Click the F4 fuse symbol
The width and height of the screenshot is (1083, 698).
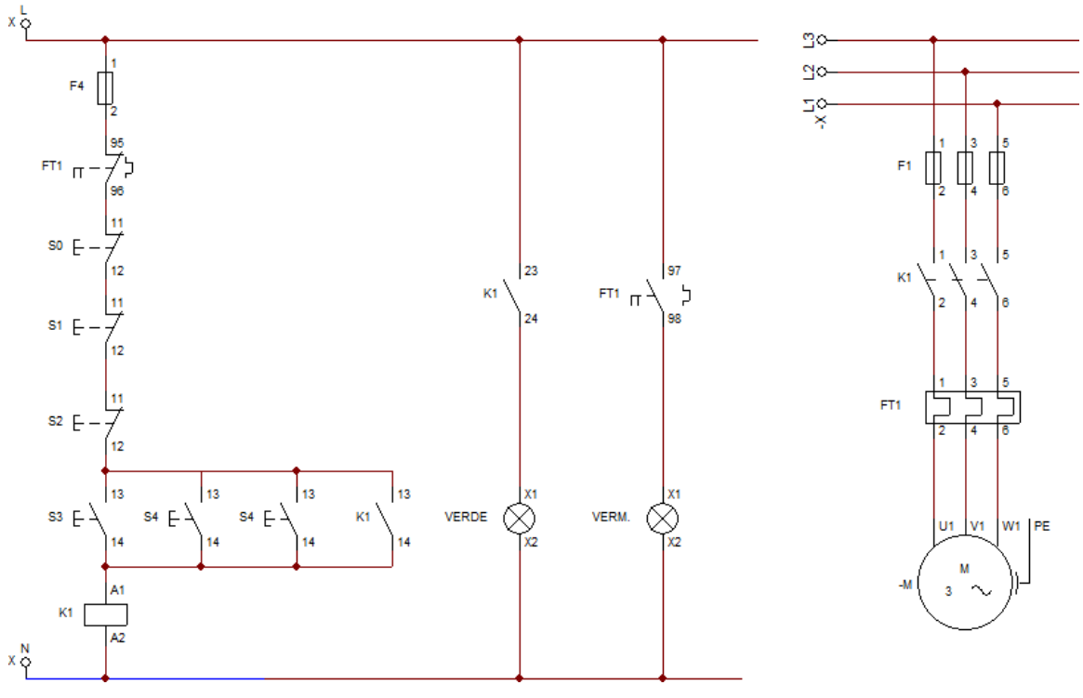105,88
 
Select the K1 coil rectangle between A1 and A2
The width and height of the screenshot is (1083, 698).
105,613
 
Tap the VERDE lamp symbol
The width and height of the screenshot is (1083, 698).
519,518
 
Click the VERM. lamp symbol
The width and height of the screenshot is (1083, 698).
662,518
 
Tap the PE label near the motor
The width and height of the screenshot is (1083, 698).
1042,526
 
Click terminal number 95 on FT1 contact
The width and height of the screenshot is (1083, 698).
117,144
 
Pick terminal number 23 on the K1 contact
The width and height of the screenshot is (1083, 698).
532,271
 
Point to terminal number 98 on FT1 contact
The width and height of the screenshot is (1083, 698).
675,319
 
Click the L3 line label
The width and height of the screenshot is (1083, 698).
809,40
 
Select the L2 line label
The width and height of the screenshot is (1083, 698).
809,72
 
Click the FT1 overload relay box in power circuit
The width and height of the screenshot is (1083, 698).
972,406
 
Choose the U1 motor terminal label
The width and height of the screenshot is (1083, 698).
946,526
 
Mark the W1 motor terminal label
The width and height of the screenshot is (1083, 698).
1011,526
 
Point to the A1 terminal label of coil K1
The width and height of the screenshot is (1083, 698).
117,590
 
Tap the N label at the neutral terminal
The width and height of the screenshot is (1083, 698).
25,648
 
